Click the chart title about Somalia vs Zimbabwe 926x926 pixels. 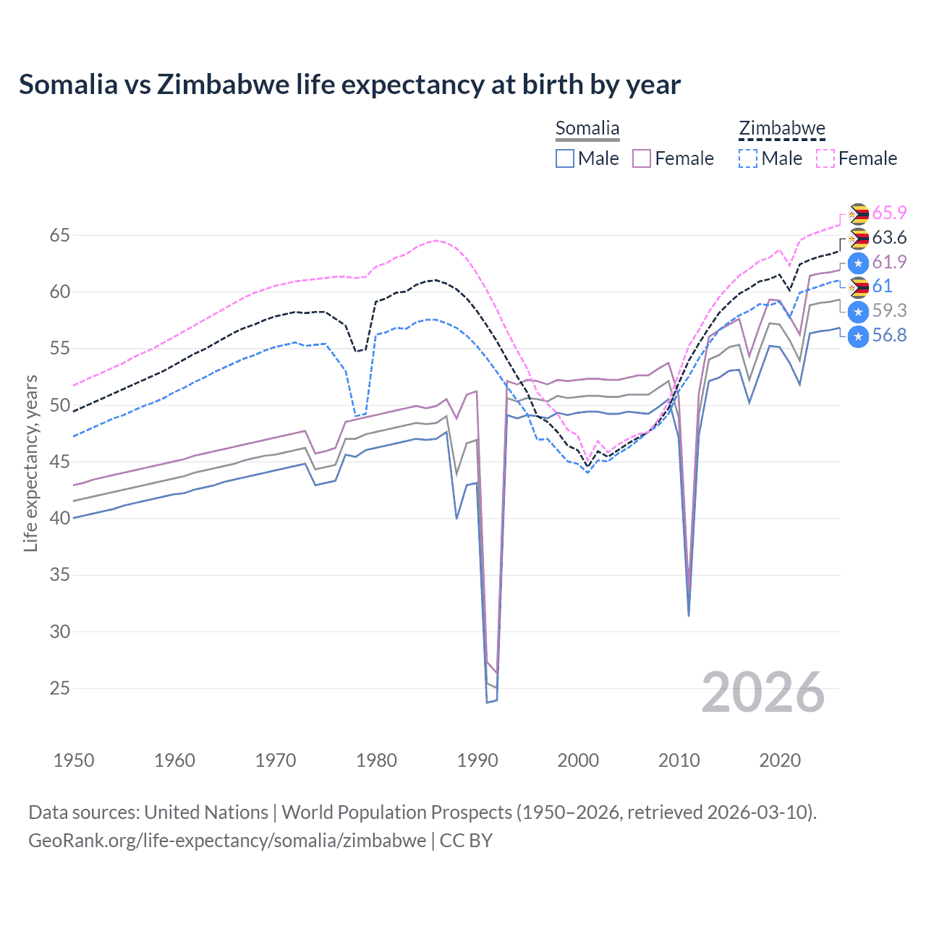349,85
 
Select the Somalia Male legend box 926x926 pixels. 565,158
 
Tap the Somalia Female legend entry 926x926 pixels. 673,158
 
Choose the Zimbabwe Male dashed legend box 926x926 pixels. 748,158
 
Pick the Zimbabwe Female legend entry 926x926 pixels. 857,158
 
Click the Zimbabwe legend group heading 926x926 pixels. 781,129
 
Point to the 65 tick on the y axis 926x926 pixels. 60,235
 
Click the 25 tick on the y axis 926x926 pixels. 60,688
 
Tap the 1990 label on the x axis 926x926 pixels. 477,760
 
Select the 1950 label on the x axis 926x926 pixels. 75,760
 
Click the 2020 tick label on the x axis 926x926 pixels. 780,760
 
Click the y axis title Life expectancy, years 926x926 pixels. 30,463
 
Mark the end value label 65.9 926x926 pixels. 889,213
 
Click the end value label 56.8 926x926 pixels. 889,335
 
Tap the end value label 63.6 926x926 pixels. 889,237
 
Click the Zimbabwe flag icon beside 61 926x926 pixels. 858,287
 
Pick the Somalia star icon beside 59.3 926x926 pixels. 858,312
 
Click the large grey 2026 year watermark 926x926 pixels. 763,692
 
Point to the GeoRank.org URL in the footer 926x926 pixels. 227,841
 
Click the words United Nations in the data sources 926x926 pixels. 206,812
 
